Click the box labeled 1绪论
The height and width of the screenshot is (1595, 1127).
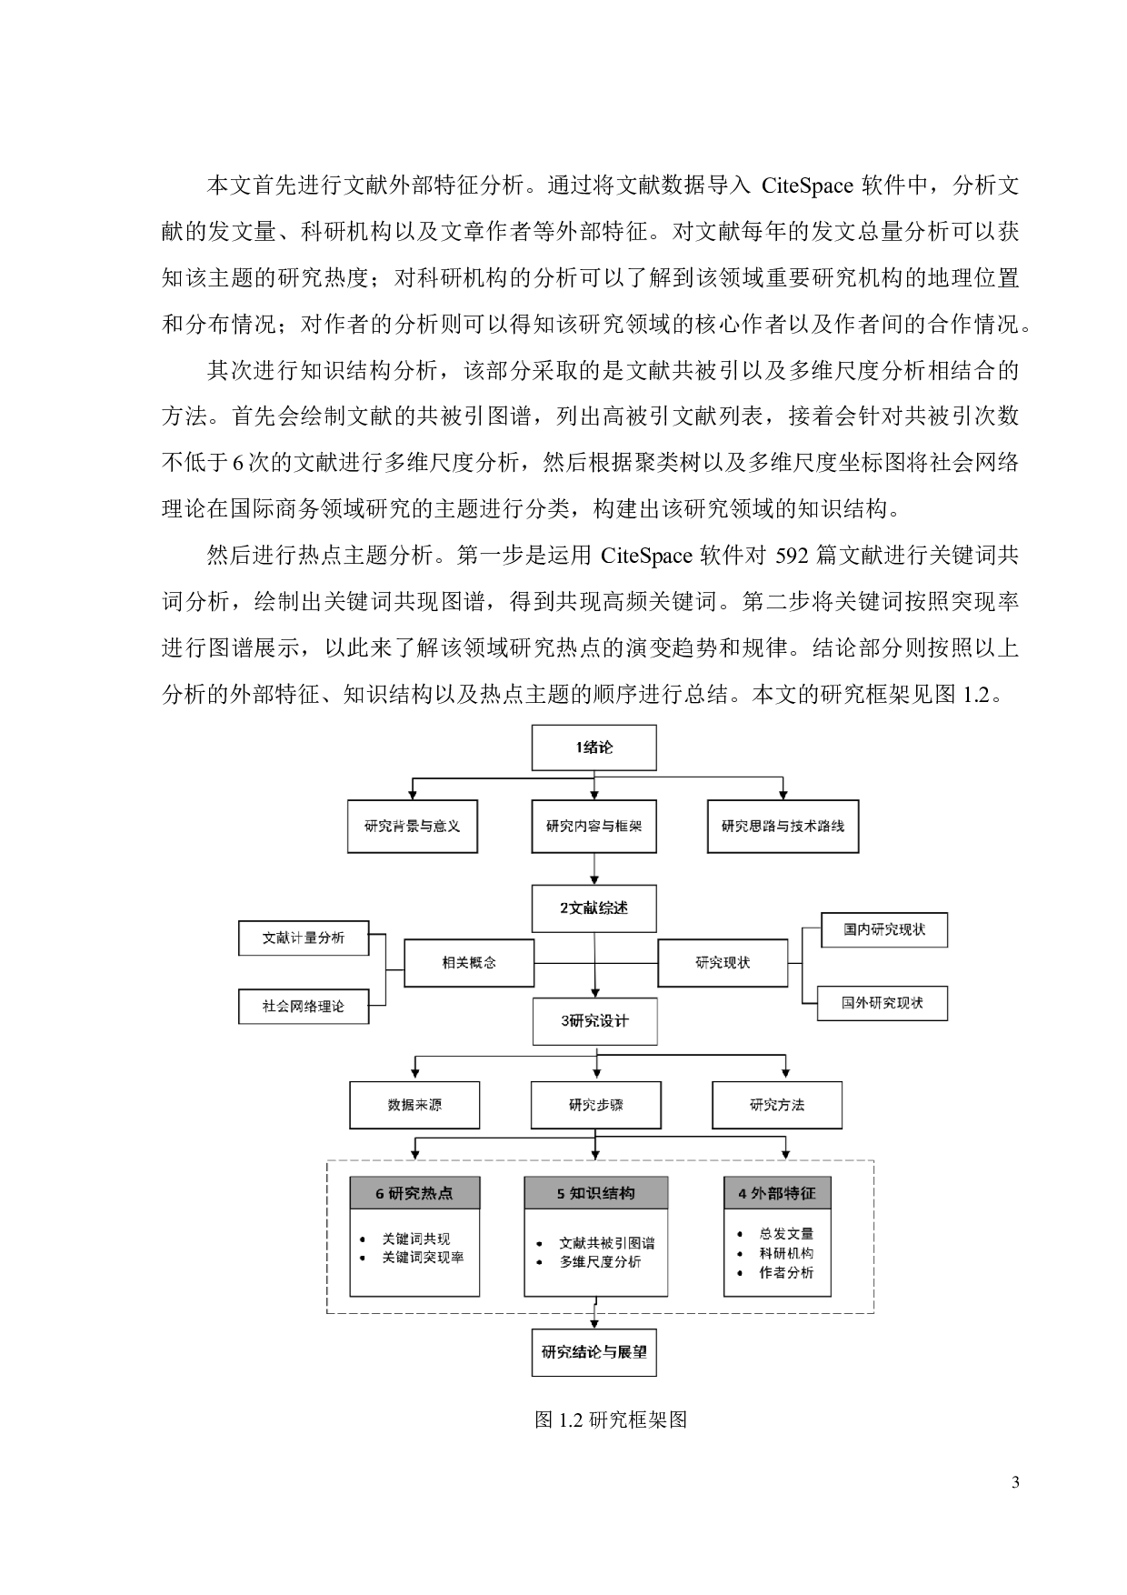[x=593, y=747]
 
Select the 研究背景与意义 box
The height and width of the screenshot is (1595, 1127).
[x=412, y=826]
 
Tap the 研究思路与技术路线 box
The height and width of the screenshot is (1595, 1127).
[x=783, y=826]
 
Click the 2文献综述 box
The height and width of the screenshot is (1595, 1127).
[x=593, y=908]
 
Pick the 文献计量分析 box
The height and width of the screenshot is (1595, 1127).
[x=304, y=938]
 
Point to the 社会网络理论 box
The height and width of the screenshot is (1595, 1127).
[x=304, y=1007]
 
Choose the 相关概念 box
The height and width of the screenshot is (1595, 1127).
[x=469, y=962]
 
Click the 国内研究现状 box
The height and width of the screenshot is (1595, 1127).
[x=883, y=930]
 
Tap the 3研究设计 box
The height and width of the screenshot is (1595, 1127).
[x=594, y=1020]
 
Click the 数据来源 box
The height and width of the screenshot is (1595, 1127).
[x=414, y=1105]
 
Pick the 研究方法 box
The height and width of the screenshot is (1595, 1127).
[x=777, y=1105]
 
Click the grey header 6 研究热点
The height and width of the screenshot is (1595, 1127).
[x=414, y=1193]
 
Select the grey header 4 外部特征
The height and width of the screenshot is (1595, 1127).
[x=777, y=1193]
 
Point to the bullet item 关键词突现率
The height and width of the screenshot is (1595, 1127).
[x=423, y=1258]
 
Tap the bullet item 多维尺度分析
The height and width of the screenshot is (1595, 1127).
[x=600, y=1262]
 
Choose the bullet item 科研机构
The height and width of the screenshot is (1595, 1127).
[x=786, y=1253]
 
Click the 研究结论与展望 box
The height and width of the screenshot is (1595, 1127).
[x=594, y=1352]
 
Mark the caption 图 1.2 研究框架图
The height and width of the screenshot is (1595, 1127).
[x=611, y=1419]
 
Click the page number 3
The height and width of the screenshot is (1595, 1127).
[x=1015, y=1484]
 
